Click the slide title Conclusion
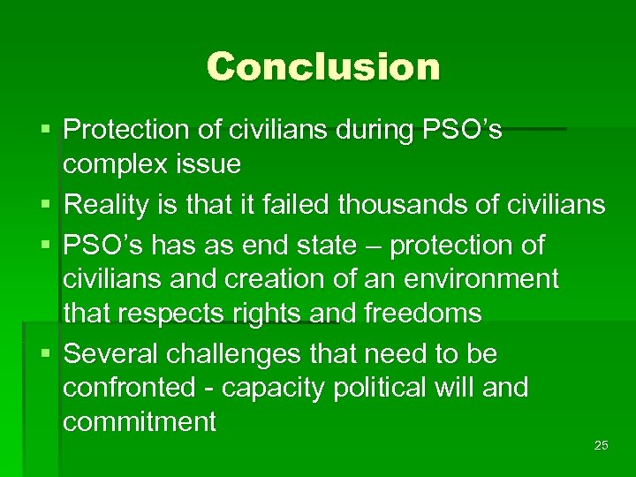point(322,66)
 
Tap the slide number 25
point(601,445)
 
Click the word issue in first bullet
point(210,163)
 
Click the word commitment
point(140,421)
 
